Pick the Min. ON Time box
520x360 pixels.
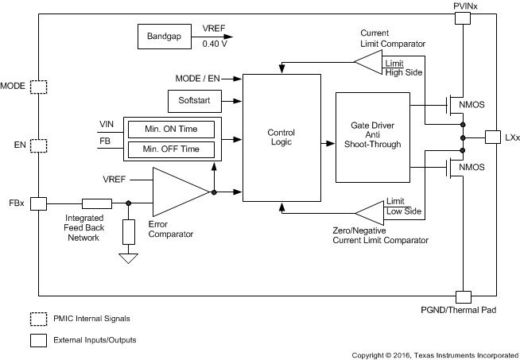(x=171, y=129)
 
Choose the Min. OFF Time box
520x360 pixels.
(x=171, y=149)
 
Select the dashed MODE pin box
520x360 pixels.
(x=37, y=86)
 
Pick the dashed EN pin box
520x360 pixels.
(x=37, y=145)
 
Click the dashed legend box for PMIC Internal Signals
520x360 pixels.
(x=37, y=319)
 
